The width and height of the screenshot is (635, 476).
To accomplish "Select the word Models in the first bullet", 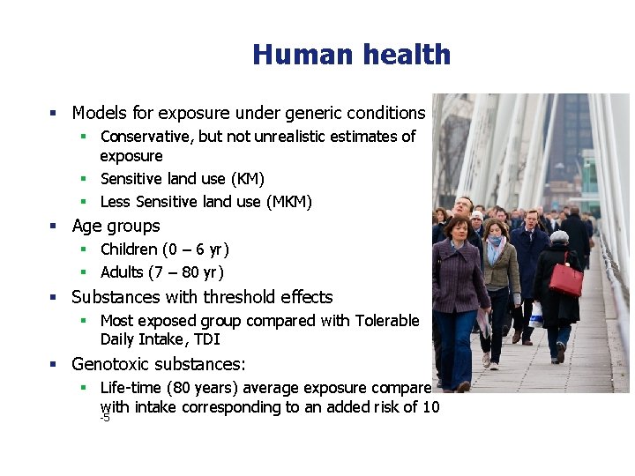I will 98,113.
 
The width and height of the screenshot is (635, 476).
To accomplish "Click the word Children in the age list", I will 130,249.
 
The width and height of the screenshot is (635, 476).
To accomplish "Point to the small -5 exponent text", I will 105,418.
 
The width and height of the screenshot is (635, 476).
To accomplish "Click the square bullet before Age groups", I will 53,227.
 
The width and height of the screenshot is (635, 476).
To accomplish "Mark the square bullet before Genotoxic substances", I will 53,364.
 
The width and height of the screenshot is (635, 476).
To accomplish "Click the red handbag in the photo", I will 565,279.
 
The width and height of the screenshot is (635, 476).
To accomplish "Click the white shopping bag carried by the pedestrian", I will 536,315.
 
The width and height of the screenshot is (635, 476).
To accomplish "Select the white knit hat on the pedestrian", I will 559,237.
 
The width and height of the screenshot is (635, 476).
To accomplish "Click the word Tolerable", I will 387,321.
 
